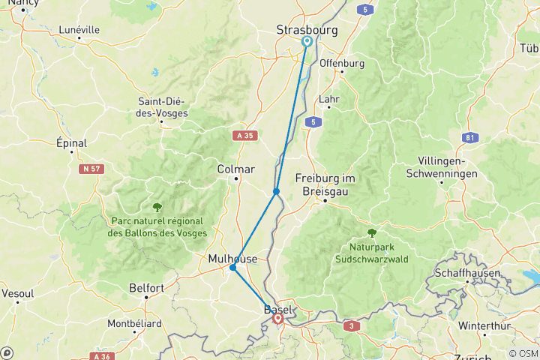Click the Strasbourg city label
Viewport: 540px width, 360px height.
(307, 30)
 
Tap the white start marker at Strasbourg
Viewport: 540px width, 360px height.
(307, 42)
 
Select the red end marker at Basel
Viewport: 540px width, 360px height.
(278, 319)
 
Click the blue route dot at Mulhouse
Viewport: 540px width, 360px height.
(233, 268)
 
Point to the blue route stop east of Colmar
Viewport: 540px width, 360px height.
(277, 192)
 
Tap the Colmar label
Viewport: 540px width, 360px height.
(235, 169)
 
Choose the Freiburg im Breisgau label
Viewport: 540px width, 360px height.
(325, 184)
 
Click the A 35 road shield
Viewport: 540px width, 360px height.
(241, 136)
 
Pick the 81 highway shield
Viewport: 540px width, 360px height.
(470, 137)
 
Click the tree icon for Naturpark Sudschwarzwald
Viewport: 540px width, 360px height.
(371, 232)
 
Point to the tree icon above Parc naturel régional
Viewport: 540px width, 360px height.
(157, 207)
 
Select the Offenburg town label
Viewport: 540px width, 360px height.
(342, 63)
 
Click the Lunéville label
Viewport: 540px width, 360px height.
(79, 30)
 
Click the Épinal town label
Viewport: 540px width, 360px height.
(72, 142)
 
